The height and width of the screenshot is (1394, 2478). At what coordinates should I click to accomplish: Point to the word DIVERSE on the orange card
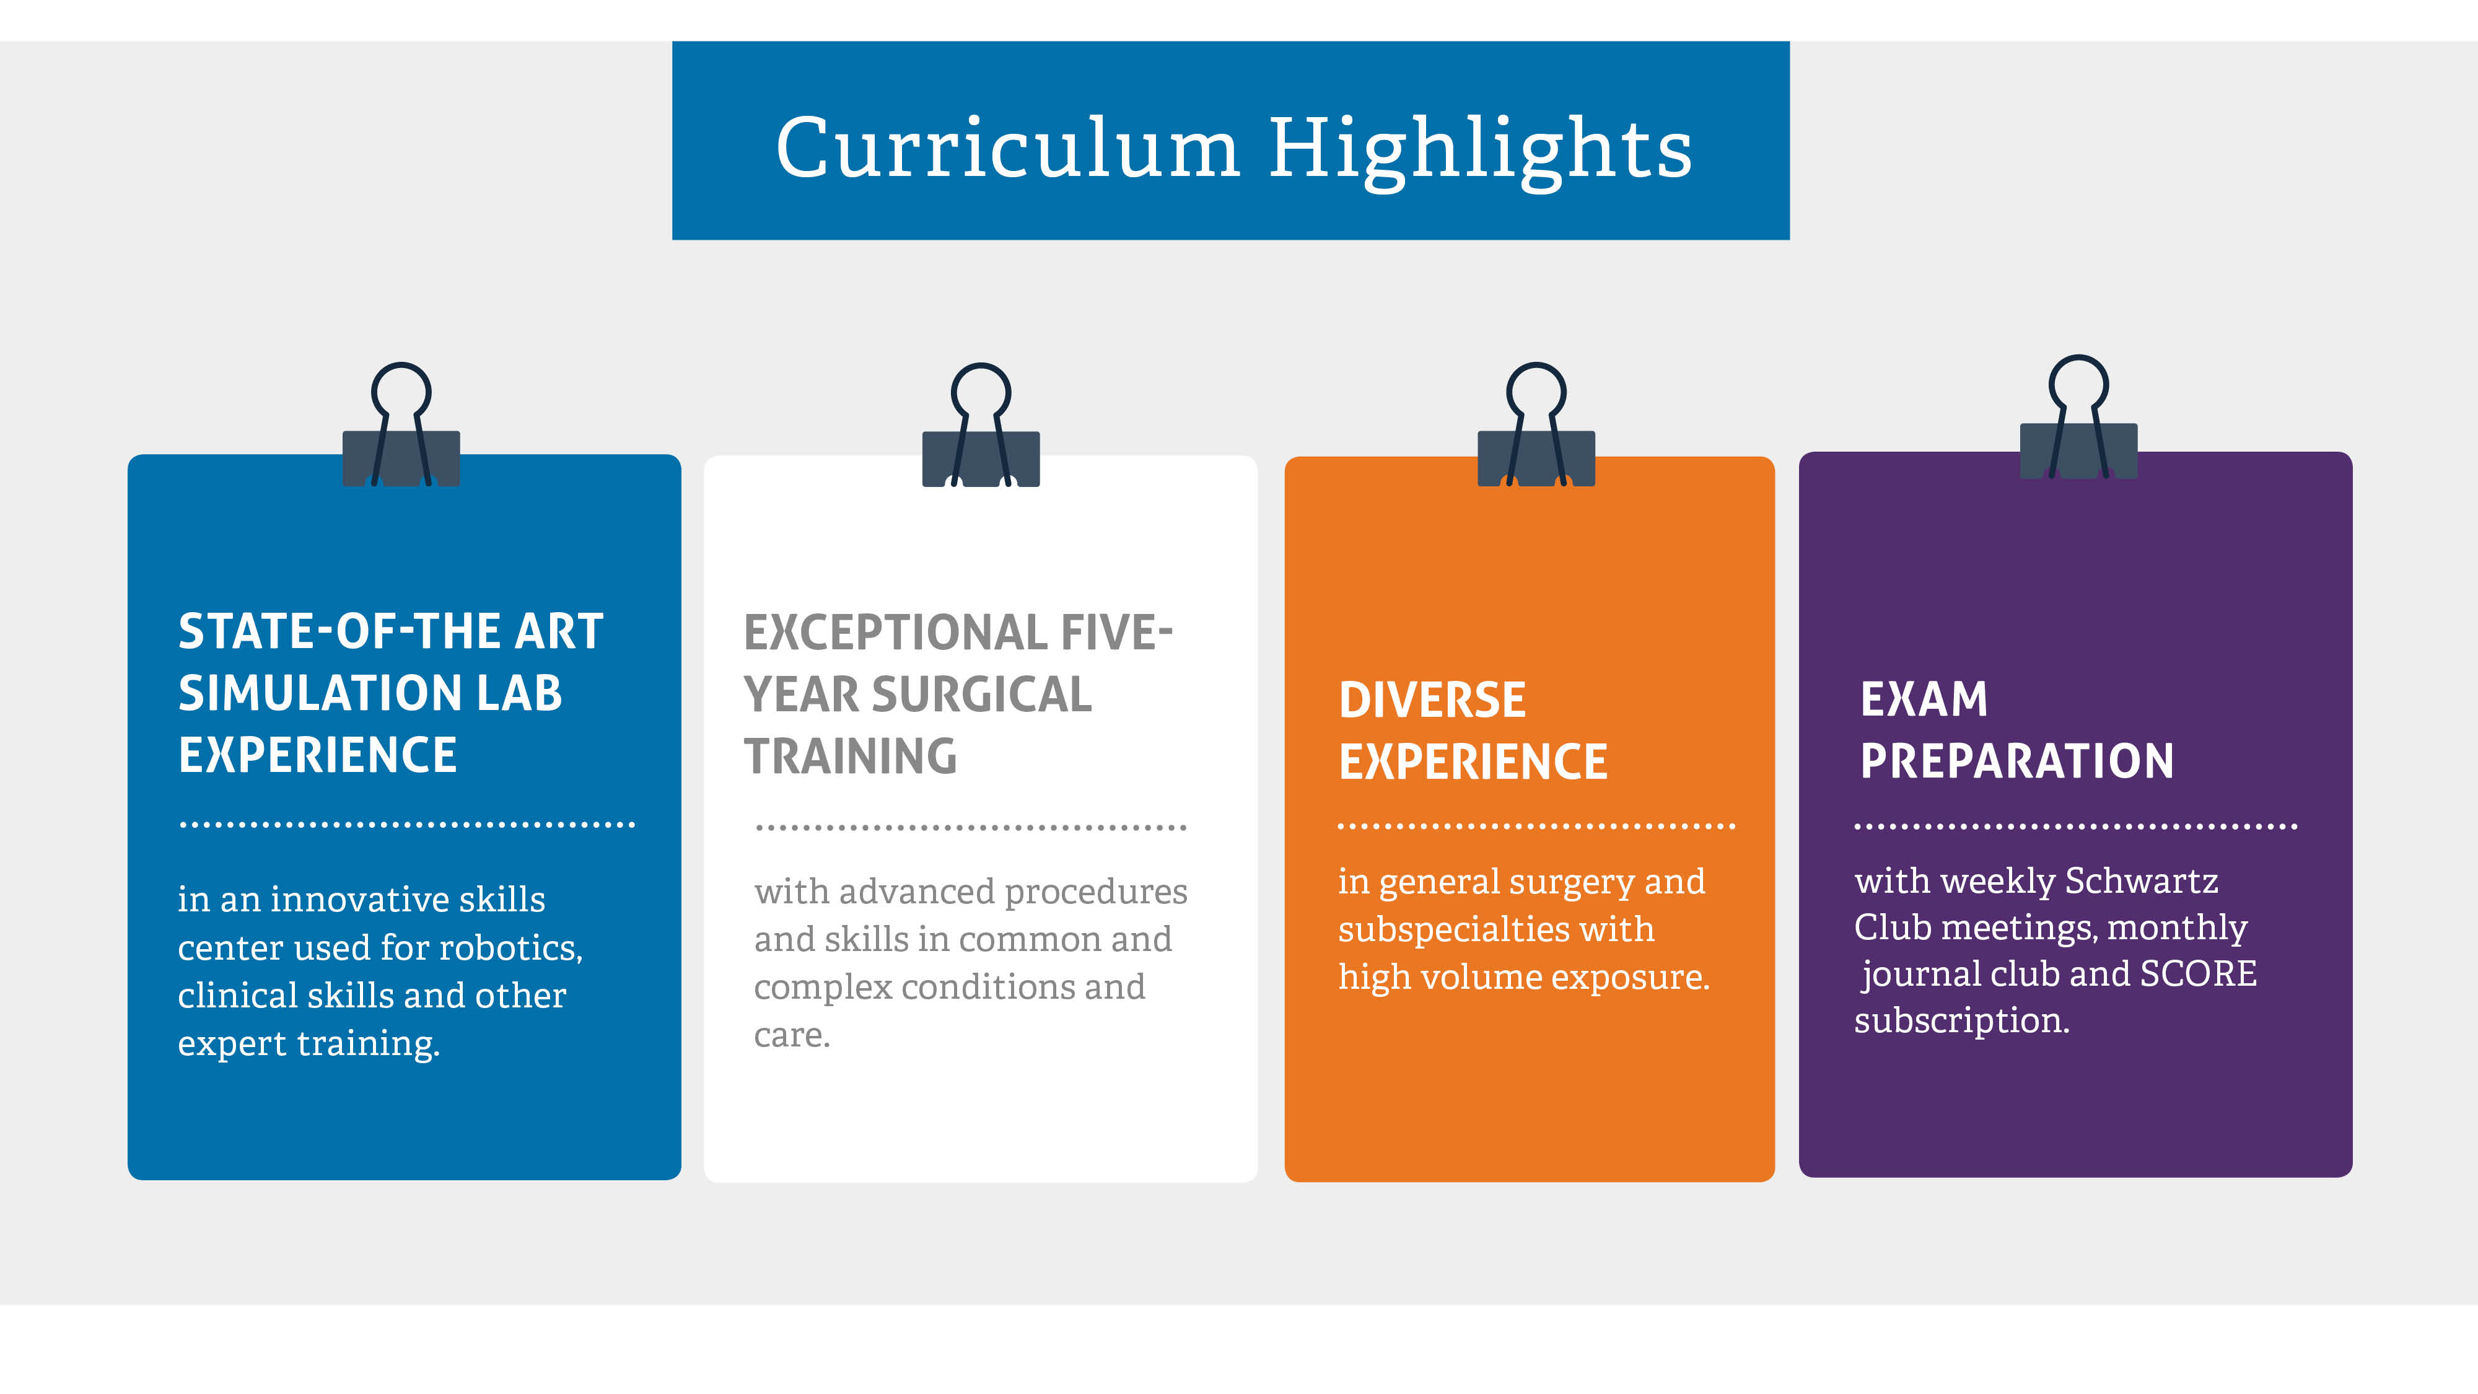click(1432, 700)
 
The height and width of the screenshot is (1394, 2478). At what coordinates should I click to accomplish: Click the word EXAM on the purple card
click(1924, 699)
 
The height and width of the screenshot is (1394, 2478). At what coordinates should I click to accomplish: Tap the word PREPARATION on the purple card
click(2017, 761)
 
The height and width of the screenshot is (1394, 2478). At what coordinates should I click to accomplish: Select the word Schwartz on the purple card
click(2142, 880)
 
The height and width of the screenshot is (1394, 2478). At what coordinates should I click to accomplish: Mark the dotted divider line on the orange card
click(1536, 825)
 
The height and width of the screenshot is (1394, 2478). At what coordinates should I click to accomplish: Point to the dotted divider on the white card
click(971, 827)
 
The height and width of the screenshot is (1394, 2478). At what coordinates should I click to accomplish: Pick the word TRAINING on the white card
click(851, 756)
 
